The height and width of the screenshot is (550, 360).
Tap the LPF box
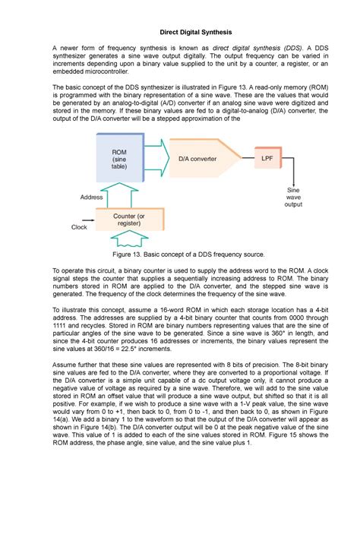click(x=267, y=159)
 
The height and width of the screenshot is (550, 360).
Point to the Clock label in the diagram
click(x=79, y=226)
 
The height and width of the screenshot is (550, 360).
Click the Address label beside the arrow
click(x=90, y=197)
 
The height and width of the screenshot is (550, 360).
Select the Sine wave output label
click(x=292, y=197)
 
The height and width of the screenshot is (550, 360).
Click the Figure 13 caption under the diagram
click(x=179, y=254)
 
